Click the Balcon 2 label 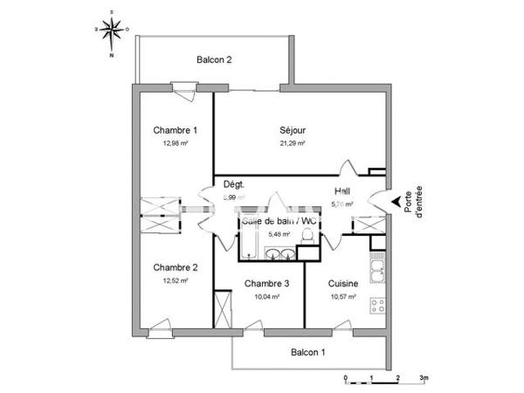(214, 60)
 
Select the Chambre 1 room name (176, 130)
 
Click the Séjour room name (293, 130)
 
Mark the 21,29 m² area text (293, 143)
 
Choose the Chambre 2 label (176, 267)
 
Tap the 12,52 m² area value (176, 280)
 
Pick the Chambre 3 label (266, 283)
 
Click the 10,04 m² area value (266, 296)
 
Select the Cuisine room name (344, 283)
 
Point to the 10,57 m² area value (344, 296)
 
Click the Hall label (343, 190)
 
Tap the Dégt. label (234, 184)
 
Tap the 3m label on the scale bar (425, 377)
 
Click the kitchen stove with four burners (379, 307)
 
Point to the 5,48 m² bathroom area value (278, 234)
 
